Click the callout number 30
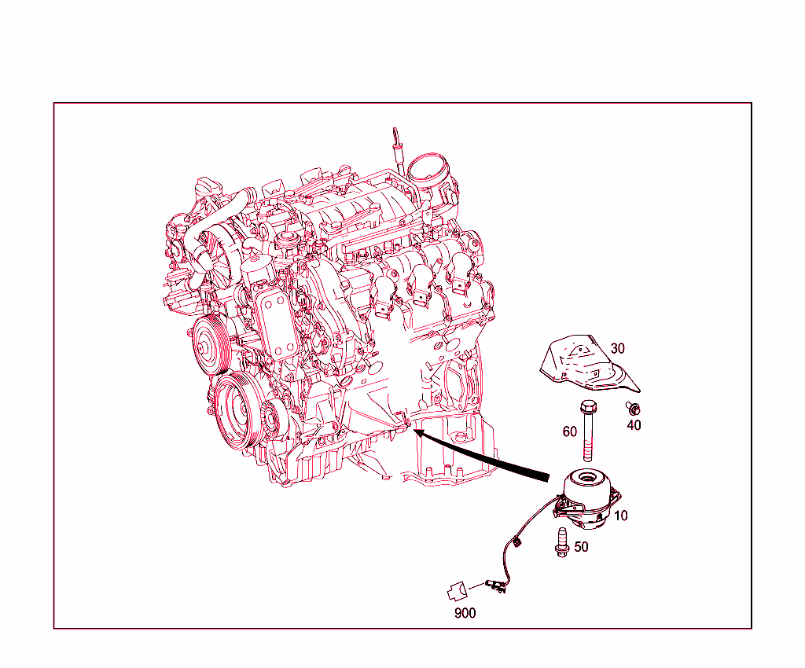618,348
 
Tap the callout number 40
634,425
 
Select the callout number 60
570,431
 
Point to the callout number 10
621,516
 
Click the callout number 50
581,546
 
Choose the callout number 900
465,613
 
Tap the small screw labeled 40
631,408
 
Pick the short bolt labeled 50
561,542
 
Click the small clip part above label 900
457,587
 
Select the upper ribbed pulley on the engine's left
208,343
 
